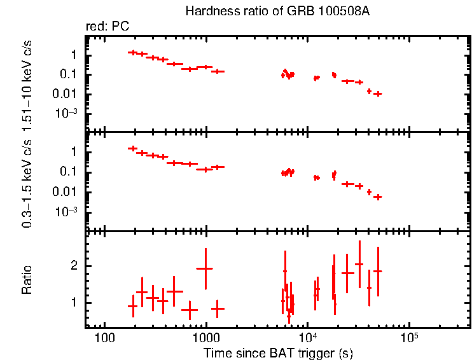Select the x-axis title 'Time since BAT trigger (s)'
[x=278, y=352]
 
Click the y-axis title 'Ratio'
[x=27, y=280]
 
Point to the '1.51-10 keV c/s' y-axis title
[x=27, y=83]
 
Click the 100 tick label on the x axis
[x=104, y=336]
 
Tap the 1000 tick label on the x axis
[x=205, y=336]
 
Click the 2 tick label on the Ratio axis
[x=74, y=266]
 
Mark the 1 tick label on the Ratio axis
[x=74, y=302]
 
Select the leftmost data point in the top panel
[x=132, y=52]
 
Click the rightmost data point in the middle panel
[x=378, y=197]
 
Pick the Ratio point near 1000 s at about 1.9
[x=205, y=268]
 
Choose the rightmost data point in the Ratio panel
[x=378, y=271]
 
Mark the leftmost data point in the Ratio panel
[x=132, y=306]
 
